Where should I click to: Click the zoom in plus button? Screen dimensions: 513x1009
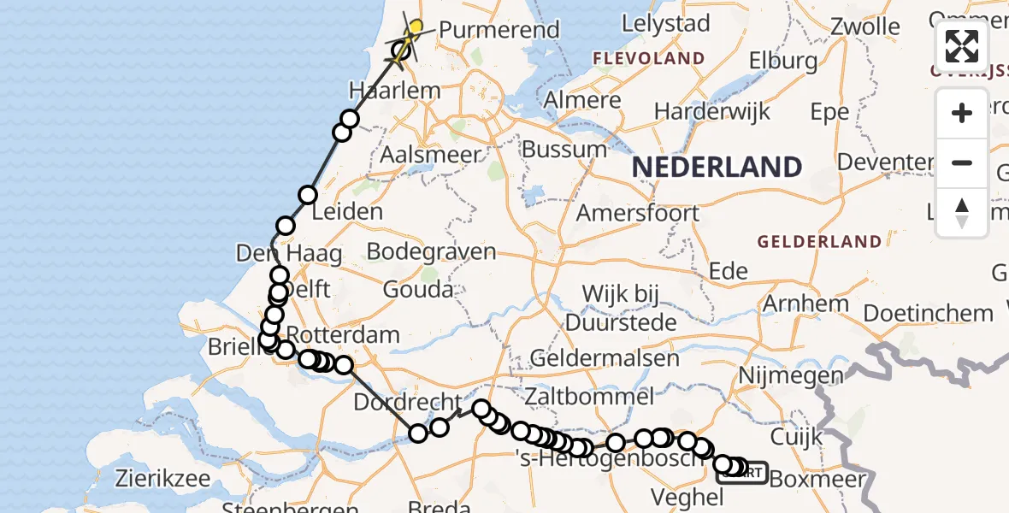(x=962, y=113)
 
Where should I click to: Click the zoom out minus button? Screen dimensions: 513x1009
(x=962, y=162)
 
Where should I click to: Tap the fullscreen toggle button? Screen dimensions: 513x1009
(x=962, y=46)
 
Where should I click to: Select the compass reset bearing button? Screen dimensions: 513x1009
(x=962, y=212)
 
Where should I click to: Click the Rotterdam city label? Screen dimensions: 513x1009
(x=343, y=334)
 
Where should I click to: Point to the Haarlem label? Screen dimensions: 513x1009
(x=395, y=90)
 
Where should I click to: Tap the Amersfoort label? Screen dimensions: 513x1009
(x=638, y=213)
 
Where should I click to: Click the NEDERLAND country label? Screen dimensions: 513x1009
(x=717, y=167)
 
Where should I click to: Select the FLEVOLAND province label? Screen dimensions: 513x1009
(x=650, y=59)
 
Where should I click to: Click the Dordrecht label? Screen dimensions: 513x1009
(x=396, y=401)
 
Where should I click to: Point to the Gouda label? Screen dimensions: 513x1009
(x=417, y=290)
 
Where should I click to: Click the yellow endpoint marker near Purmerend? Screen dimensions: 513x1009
(x=416, y=27)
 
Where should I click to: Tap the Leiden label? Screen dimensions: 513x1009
(x=347, y=211)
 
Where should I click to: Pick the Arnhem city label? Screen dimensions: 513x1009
(x=805, y=304)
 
